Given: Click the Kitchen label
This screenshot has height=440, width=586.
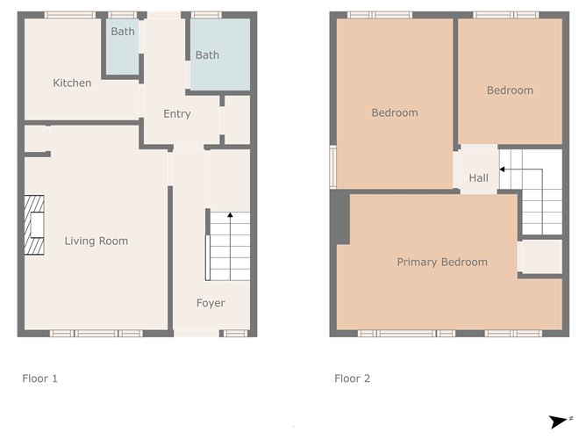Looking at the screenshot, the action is pos(72,83).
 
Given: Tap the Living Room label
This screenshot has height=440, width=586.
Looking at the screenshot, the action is pos(96,241).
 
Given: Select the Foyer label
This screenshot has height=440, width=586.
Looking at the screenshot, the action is pos(211,303).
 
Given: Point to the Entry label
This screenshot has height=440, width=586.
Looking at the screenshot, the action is pos(177,114).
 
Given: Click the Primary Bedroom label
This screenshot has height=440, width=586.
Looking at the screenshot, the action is pos(442,262).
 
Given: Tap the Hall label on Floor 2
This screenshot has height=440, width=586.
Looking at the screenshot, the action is pos(479,177).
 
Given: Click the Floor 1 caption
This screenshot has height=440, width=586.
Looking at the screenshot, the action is pos(40,379).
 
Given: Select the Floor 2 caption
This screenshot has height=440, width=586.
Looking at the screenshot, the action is pos(353,379).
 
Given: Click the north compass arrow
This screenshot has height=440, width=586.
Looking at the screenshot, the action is pos(558,422).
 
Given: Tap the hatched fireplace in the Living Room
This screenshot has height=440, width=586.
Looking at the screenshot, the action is pos(34,225).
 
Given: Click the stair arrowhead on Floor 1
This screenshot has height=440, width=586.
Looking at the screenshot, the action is pos(230,215).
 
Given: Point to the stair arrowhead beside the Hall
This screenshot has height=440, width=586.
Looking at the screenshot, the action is pos(503,170).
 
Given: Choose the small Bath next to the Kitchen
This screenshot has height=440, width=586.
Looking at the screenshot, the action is pos(123,47).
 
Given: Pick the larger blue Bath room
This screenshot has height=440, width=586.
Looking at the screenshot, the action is pos(220,54).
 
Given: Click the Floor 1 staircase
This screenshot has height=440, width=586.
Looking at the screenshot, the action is pos(230,246).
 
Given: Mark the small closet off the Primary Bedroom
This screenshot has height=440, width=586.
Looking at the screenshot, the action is pos(540,256).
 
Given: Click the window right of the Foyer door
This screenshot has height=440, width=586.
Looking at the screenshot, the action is pos(235,334).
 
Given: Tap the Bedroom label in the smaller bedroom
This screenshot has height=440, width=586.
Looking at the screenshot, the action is pos(511,90).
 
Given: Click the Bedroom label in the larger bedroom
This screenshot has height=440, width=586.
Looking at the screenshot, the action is pos(395,112).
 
